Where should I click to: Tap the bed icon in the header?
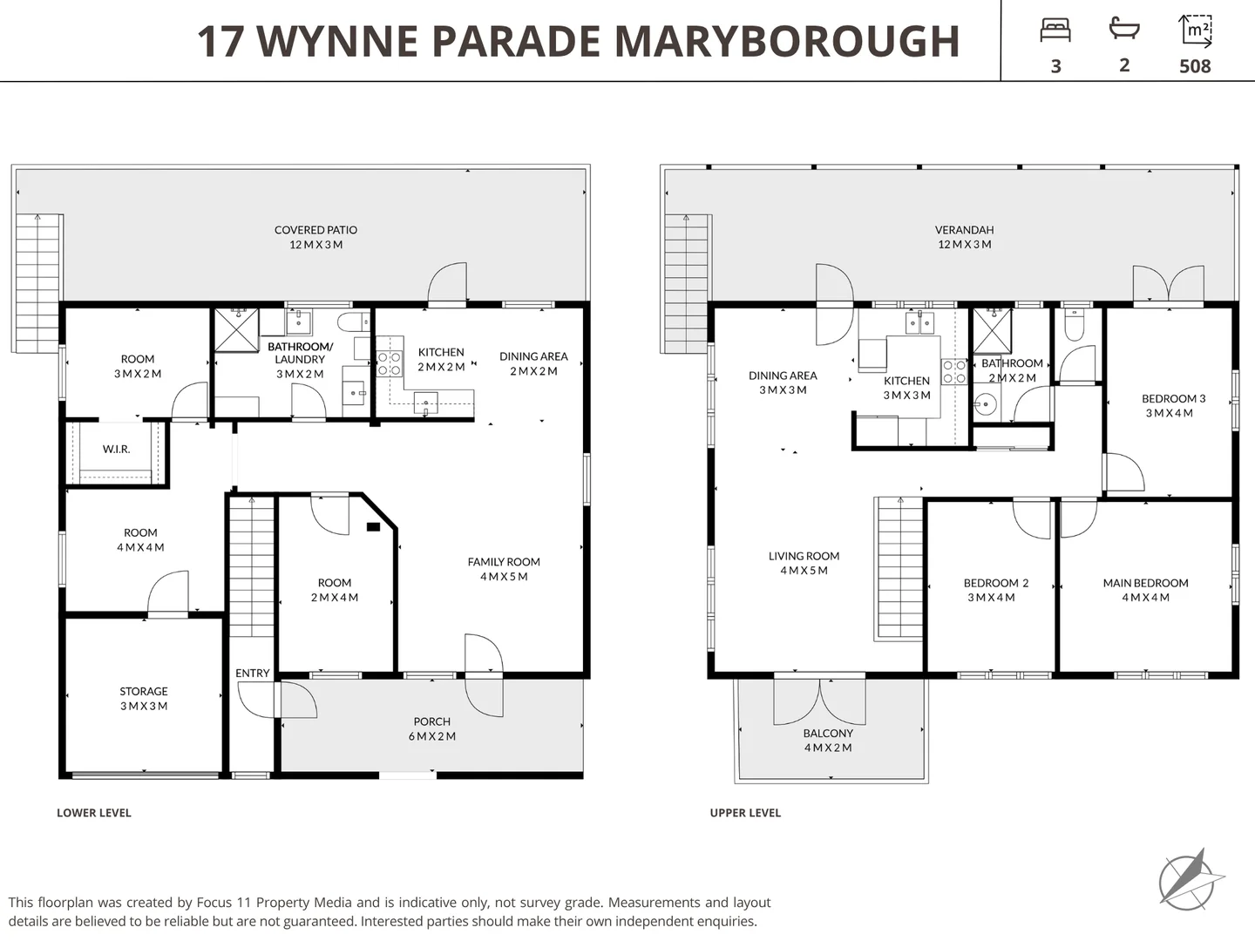coord(1055,30)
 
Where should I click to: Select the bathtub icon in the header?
coord(1124,29)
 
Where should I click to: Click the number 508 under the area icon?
coord(1195,66)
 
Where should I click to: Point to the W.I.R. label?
coord(116,450)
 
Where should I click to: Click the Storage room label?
coord(144,699)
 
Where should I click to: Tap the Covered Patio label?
coord(315,237)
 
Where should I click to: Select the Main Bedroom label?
coord(1145,590)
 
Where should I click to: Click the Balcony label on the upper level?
coord(828,741)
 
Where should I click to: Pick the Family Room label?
coord(504,569)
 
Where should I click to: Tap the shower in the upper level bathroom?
coord(992,330)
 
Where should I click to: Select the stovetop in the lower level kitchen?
coord(389,363)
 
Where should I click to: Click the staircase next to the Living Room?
coord(899,569)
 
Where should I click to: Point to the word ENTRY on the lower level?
coord(252,674)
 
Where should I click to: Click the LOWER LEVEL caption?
coord(94,813)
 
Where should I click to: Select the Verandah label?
coord(964,237)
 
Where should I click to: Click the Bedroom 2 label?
coord(995,590)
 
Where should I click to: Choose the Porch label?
coord(432,728)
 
